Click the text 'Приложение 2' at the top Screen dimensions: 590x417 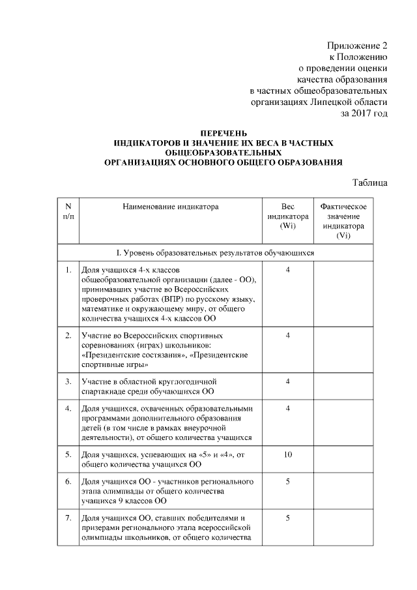(357, 45)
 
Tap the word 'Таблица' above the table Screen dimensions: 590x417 (371, 181)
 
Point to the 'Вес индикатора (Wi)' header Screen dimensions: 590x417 (287, 216)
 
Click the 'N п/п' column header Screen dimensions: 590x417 (68, 211)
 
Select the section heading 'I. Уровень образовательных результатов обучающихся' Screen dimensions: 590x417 (215, 252)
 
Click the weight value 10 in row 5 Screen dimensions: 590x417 (287, 454)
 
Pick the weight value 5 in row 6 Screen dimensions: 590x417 (287, 482)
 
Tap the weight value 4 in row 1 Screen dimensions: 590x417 (287, 269)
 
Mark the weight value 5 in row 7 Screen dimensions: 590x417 (287, 518)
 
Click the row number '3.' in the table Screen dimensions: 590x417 (68, 381)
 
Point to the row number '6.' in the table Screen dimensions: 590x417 (68, 482)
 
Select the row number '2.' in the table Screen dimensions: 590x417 (68, 335)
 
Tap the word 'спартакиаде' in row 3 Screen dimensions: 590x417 (107, 391)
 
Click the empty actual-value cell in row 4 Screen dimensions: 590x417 (343, 423)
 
